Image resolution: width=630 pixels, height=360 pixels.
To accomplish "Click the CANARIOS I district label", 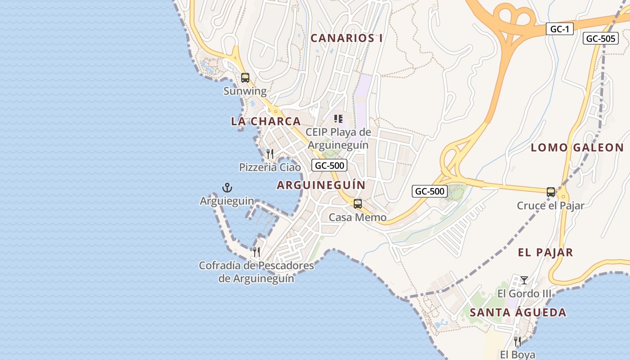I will tap(346, 38).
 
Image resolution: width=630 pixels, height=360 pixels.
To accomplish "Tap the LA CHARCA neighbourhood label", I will tap(265, 121).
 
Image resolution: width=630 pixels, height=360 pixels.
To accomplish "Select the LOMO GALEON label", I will tap(577, 148).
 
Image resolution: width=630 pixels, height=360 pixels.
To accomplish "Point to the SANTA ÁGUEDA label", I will tap(518, 312).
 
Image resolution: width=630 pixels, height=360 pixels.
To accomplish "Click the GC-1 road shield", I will tap(560, 29).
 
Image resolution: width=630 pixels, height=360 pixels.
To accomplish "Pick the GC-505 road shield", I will tap(600, 38).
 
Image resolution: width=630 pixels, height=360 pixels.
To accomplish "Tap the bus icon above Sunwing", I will tap(245, 77).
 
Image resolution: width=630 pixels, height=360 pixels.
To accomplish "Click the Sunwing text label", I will tap(245, 91).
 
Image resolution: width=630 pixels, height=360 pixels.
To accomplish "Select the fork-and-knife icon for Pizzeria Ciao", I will tap(270, 154).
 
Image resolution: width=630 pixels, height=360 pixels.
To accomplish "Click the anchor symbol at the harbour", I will tap(227, 187).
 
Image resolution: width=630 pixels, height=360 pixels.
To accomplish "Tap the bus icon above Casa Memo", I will tap(358, 204).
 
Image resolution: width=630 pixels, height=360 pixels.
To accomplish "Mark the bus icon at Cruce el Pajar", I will tap(551, 192).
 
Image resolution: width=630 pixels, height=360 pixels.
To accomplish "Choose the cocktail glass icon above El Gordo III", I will tap(524, 280).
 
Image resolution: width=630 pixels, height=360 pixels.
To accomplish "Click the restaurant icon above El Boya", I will tap(517, 342).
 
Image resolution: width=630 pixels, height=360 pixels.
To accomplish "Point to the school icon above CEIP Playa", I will tap(338, 119).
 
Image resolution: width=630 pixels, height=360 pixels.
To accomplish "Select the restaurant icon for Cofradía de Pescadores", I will tap(256, 252).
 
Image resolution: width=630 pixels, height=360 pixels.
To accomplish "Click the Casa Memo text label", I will tap(358, 217).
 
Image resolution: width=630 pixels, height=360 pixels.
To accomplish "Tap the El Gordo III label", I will tap(524, 294).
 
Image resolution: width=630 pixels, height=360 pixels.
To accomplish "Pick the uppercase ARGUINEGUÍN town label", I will tap(321, 185).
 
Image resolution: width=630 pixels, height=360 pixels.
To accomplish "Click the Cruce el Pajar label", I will tap(550, 206).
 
